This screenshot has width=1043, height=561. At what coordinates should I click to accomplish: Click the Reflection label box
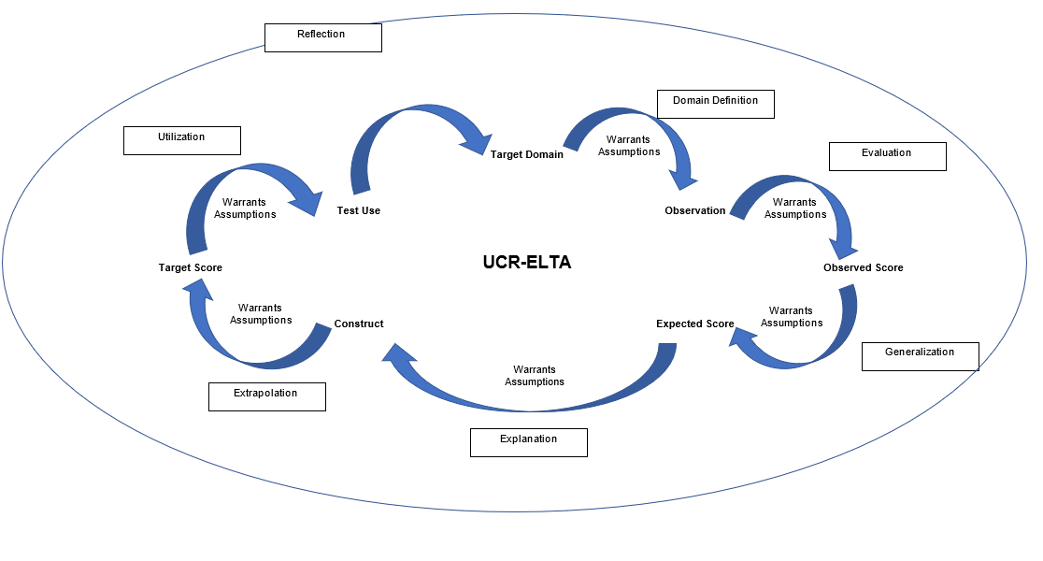pos(322,37)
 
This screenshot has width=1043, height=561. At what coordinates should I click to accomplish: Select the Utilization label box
pos(182,140)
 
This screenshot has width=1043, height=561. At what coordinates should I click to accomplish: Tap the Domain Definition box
pos(716,104)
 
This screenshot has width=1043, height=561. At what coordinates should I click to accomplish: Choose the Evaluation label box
pos(887,156)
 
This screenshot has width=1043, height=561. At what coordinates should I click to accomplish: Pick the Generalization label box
pos(920,356)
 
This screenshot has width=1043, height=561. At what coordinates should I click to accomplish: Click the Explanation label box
pos(528,442)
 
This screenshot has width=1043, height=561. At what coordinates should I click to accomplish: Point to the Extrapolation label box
pos(266,396)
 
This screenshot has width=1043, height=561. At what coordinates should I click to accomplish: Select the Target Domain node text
pos(527,154)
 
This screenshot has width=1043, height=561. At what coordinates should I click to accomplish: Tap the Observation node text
pos(694,210)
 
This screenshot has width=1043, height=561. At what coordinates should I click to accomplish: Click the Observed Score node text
pos(863,267)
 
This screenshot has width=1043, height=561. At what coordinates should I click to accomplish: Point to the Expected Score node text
pos(694,324)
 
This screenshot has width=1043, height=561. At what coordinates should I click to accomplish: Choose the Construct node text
pos(359,324)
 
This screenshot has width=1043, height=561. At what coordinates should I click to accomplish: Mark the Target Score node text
pos(190,267)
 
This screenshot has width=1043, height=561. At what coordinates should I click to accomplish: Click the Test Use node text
pos(358,210)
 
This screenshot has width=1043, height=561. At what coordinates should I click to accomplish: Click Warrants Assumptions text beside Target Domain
pos(629,146)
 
